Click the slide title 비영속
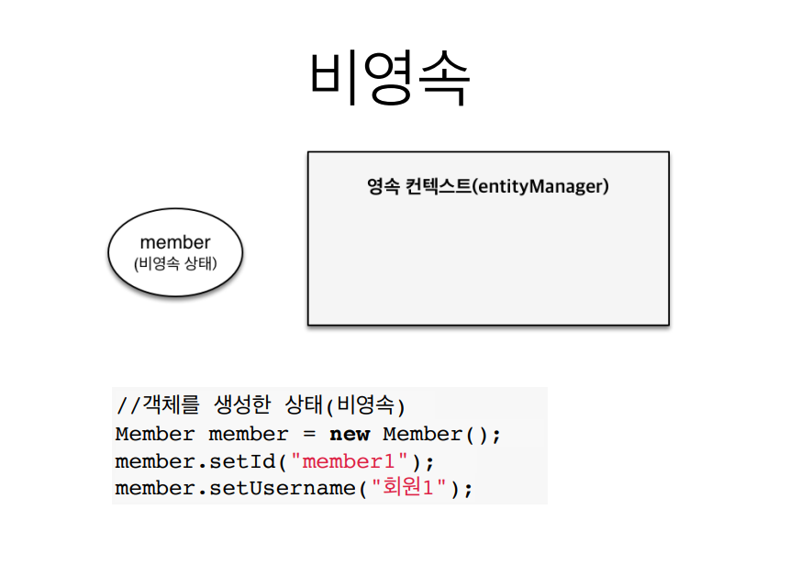tap(390, 77)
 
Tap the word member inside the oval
tap(174, 242)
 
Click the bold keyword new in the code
tap(350, 434)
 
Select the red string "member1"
tap(354, 461)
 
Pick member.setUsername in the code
tap(236, 489)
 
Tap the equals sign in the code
tap(309, 434)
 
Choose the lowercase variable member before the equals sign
tap(249, 434)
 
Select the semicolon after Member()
tap(495, 435)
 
